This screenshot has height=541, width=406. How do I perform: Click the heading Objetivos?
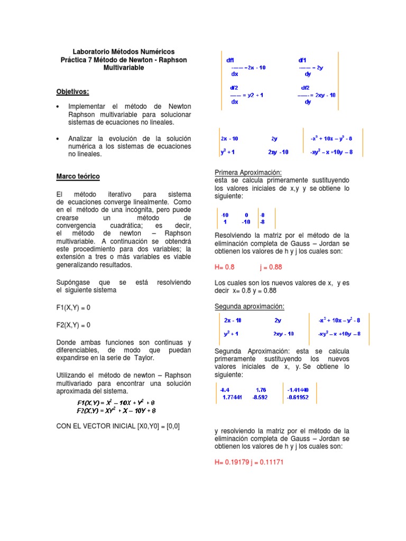73,91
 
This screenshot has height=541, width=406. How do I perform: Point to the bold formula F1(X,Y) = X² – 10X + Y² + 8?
116,403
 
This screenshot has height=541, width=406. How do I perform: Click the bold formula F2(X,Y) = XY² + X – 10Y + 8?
116,410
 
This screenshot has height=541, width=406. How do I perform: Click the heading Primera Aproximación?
248,173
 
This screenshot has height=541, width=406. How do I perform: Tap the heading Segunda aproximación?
250,306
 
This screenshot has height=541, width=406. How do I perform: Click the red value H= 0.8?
224,267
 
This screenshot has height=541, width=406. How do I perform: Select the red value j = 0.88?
270,267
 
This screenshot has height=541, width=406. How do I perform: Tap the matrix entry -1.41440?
298,390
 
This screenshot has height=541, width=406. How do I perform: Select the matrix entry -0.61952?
298,397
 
